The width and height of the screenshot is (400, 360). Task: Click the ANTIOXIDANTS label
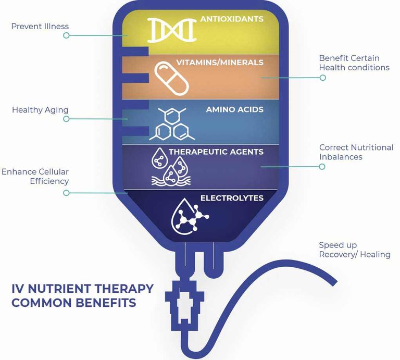pyautogui.click(x=232, y=19)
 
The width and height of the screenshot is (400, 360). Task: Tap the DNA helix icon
pyautogui.click(x=172, y=30)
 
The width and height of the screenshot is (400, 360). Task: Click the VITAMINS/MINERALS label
pyautogui.click(x=220, y=63)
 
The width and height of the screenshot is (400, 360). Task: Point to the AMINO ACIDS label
pyautogui.click(x=235, y=109)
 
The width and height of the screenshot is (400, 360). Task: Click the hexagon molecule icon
pyautogui.click(x=172, y=124)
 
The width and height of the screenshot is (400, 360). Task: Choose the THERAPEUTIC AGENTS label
pyautogui.click(x=216, y=152)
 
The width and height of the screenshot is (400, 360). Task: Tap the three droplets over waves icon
pyautogui.click(x=171, y=166)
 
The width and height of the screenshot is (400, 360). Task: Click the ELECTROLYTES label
pyautogui.click(x=232, y=198)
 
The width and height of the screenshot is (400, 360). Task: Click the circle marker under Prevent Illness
pyautogui.click(x=66, y=35)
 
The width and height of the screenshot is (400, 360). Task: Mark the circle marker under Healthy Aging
pyautogui.click(x=66, y=119)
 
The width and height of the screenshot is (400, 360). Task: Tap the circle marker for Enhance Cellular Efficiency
pyautogui.click(x=66, y=193)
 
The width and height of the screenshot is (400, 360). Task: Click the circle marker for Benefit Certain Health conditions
pyautogui.click(x=323, y=78)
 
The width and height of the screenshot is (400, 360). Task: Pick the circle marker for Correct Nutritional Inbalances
pyautogui.click(x=322, y=167)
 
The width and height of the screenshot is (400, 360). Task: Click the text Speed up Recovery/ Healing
pyautogui.click(x=355, y=250)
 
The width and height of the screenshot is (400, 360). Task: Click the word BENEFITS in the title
pyautogui.click(x=106, y=303)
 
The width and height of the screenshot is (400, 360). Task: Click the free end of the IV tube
pyautogui.click(x=335, y=283)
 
